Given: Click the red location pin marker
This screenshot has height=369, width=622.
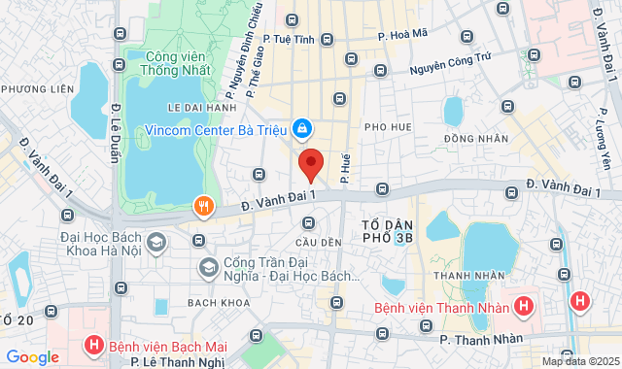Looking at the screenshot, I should (310, 163).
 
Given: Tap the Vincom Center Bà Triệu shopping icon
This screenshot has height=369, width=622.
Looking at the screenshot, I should (302, 127).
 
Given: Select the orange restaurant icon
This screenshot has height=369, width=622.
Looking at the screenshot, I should (203, 205).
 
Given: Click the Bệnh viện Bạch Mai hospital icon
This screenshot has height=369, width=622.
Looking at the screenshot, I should (94, 345).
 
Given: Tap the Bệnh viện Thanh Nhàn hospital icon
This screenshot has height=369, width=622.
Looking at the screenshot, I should (524, 307).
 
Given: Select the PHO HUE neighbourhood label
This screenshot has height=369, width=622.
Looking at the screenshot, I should (389, 127).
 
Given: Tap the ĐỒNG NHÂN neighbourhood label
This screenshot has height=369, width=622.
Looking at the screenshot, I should (476, 139).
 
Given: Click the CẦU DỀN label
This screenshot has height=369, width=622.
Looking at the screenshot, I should (321, 241).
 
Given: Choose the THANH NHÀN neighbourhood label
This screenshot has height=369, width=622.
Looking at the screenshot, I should (463, 276).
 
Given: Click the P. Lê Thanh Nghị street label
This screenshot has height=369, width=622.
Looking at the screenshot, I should (179, 362).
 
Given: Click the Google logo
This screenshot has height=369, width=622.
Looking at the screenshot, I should (32, 356).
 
